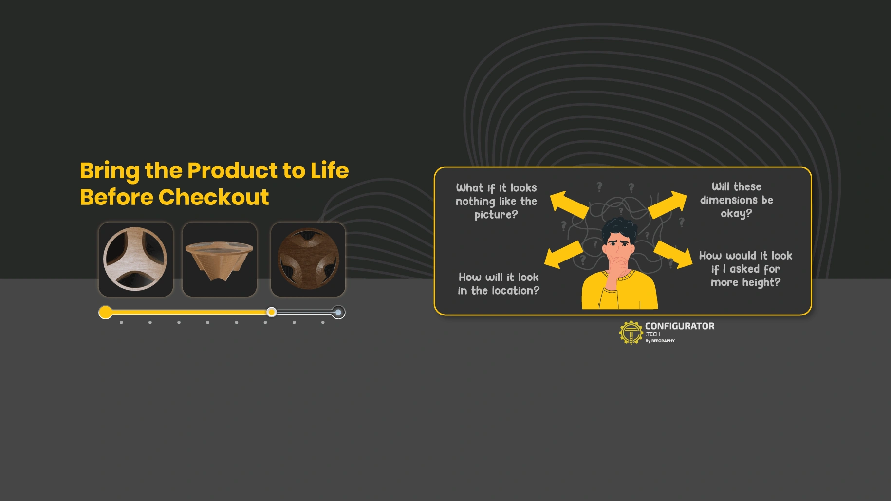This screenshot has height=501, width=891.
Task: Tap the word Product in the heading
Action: click(x=232, y=170)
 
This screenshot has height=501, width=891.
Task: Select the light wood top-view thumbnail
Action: click(x=136, y=259)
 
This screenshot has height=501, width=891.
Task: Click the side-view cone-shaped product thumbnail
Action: click(x=220, y=259)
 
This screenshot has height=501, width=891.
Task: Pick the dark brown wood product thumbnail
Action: click(x=308, y=259)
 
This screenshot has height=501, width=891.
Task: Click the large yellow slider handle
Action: click(x=106, y=312)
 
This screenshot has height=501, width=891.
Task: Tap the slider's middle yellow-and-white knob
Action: click(x=272, y=312)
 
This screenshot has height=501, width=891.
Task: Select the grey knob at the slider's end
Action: click(x=338, y=312)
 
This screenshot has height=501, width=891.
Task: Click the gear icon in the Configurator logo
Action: click(x=631, y=333)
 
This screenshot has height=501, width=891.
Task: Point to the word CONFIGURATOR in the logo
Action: click(x=680, y=326)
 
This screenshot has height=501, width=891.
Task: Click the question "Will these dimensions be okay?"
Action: click(x=736, y=200)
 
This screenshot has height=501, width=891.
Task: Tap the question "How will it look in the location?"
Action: click(x=499, y=284)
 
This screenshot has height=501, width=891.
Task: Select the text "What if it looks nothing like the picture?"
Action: click(x=496, y=201)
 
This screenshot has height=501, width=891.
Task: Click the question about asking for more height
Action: click(x=745, y=269)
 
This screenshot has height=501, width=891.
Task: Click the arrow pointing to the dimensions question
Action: click(x=668, y=204)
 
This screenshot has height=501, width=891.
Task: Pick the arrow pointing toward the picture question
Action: click(x=569, y=204)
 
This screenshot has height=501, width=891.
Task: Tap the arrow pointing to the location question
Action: click(x=564, y=255)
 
